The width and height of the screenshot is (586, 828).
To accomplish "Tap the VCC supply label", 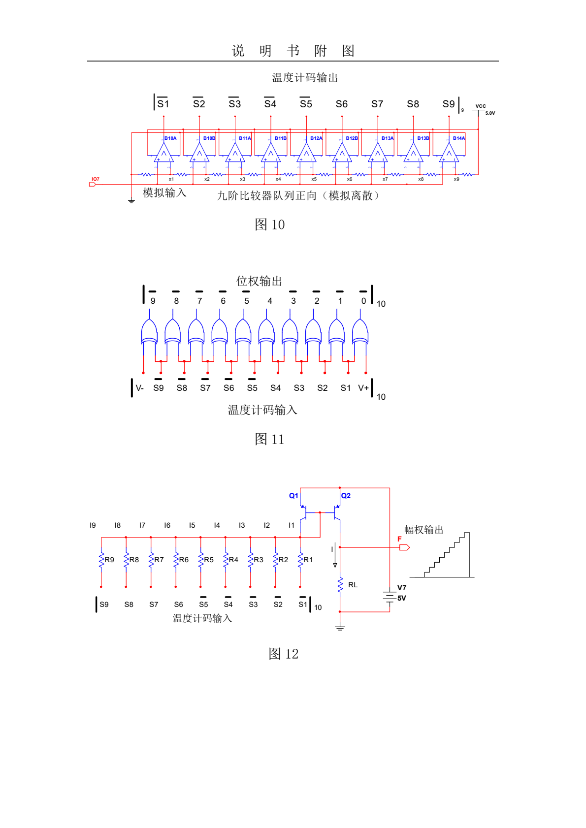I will coord(481,106).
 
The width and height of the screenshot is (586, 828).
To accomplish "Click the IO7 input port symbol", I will coord(92,185).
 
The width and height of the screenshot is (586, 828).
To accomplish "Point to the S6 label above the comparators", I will coord(342,104).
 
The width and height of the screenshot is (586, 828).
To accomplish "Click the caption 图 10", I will coord(269,224).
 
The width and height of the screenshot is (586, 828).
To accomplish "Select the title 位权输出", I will coord(259,281).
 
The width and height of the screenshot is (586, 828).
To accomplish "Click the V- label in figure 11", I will coord(140,388).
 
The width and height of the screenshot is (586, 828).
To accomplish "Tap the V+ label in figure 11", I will coord(363,388).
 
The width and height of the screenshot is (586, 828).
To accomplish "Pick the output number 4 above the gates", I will coord(270,301).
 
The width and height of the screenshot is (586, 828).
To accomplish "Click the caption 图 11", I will coord(269,439).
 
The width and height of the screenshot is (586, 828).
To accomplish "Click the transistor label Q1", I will coord(293,496).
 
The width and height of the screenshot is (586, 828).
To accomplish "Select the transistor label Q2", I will coord(346,496).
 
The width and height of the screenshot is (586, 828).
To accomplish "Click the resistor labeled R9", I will coord(101,560).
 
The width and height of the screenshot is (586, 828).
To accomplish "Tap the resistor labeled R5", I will coord(201,560).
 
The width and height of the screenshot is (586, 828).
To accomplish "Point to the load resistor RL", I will coord(340,585).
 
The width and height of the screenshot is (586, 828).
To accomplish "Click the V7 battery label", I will coord(402,588).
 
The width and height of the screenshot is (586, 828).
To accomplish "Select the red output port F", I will coord(404,547).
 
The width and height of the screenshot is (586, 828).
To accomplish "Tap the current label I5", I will coord(192,525).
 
